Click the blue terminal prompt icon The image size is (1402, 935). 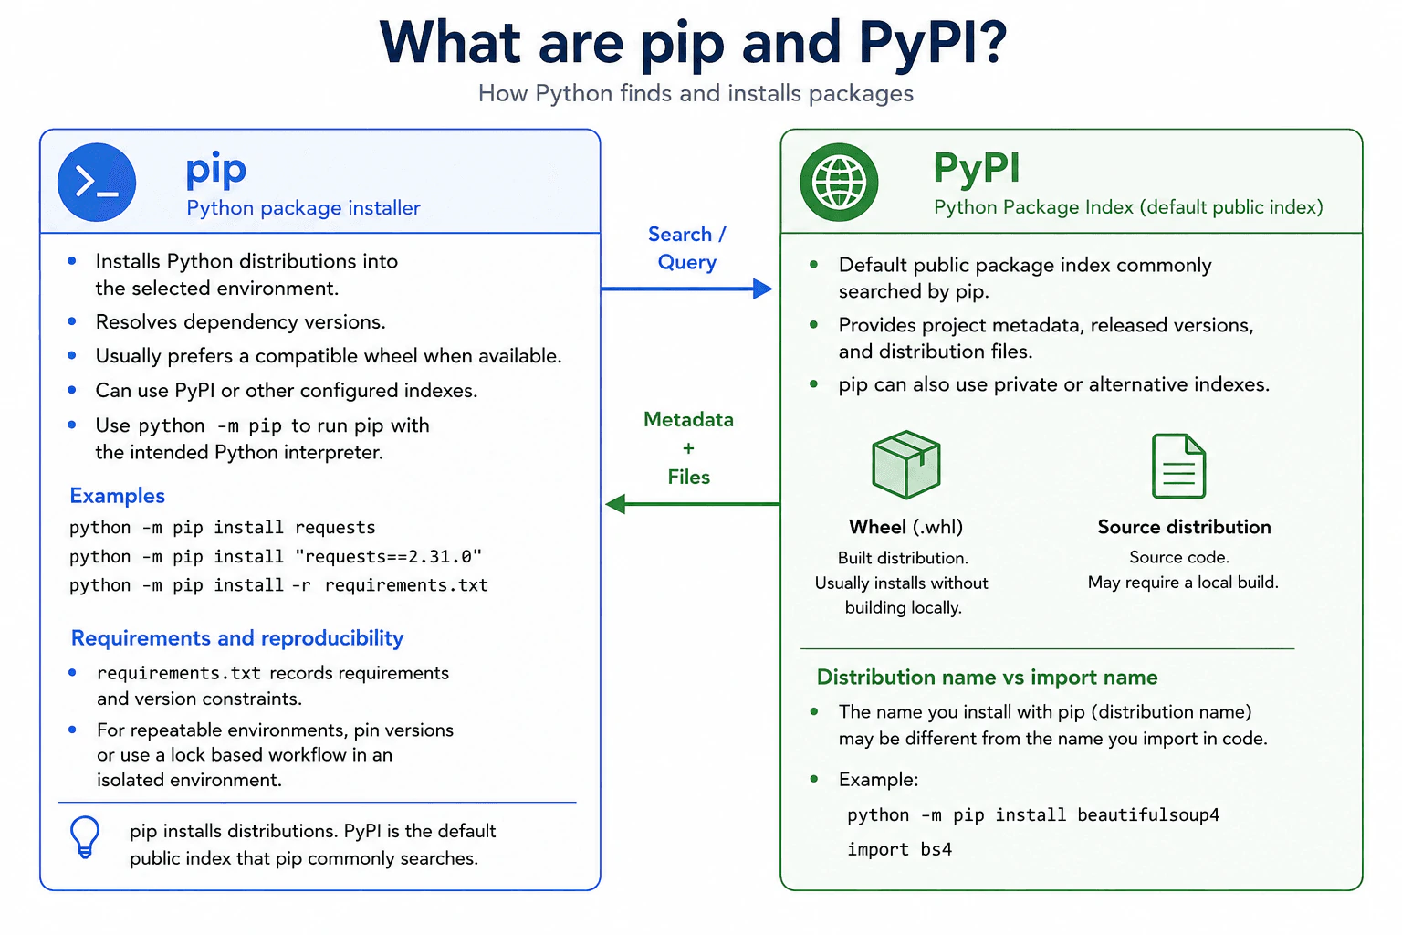(x=97, y=183)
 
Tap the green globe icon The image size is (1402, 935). (x=839, y=183)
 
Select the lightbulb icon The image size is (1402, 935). (x=85, y=836)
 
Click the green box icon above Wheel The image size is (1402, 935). (x=905, y=464)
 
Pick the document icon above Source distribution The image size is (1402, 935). (x=1178, y=466)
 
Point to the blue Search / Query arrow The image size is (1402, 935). (x=686, y=289)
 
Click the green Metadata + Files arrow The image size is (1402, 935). (x=693, y=503)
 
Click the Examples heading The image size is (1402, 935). (x=117, y=496)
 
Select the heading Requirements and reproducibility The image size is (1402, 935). (x=237, y=637)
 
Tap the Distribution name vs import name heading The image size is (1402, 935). (x=987, y=677)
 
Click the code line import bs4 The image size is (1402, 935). (x=899, y=849)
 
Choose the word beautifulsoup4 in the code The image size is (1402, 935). (x=1148, y=814)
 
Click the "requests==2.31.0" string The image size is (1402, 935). (x=388, y=556)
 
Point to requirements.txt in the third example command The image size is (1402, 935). (x=406, y=585)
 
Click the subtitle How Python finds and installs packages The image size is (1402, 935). (x=696, y=93)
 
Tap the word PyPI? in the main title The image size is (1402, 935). (x=933, y=43)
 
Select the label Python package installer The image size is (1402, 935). (x=304, y=208)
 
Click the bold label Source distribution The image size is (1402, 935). (x=1184, y=527)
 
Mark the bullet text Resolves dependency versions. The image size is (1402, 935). (x=240, y=322)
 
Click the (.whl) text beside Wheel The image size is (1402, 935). (x=937, y=527)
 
